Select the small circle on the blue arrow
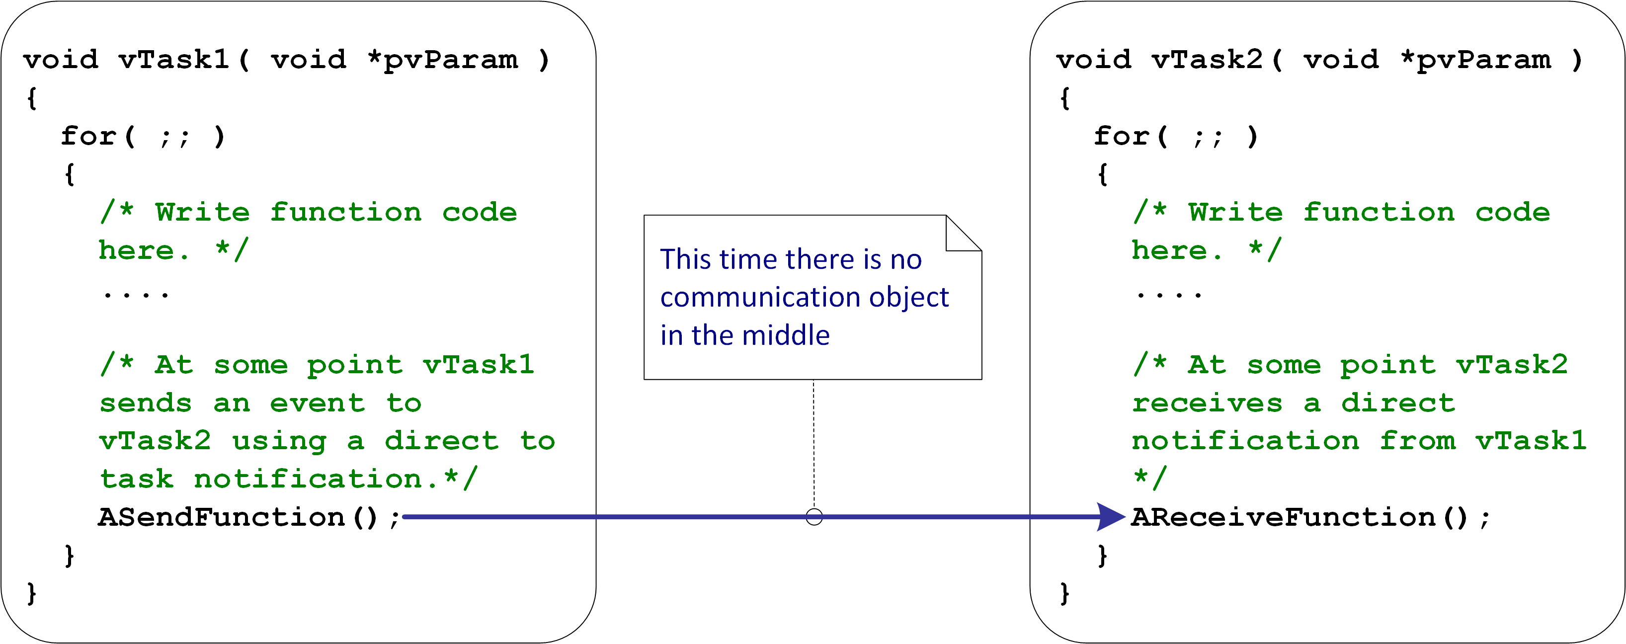click(814, 517)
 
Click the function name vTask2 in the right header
click(1207, 60)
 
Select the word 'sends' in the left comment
click(146, 403)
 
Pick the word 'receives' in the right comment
click(1207, 403)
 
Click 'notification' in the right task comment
click(1245, 441)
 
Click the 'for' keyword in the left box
click(88, 136)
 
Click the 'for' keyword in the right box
click(1122, 136)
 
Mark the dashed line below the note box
click(814, 444)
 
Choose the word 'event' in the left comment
click(318, 403)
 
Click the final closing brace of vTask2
click(1065, 593)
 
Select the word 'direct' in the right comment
click(1398, 403)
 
